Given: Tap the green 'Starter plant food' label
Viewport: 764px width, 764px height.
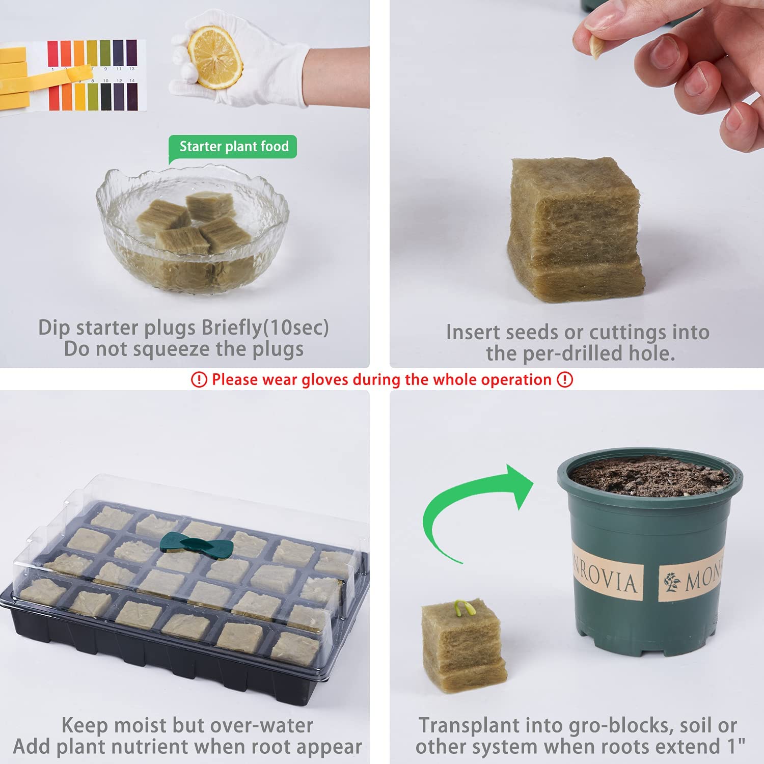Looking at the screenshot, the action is point(233,147).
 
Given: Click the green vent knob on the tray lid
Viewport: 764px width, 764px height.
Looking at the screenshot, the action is point(196,545).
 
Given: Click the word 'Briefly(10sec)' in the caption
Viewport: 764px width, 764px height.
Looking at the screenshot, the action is point(265,328).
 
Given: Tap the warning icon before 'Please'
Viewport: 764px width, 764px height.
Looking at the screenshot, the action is point(199,379).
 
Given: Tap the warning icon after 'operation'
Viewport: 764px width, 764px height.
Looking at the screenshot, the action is point(565,379).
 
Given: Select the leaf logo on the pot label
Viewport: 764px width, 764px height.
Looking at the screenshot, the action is point(672,582).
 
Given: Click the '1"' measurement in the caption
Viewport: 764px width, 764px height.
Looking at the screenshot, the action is point(734,746).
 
